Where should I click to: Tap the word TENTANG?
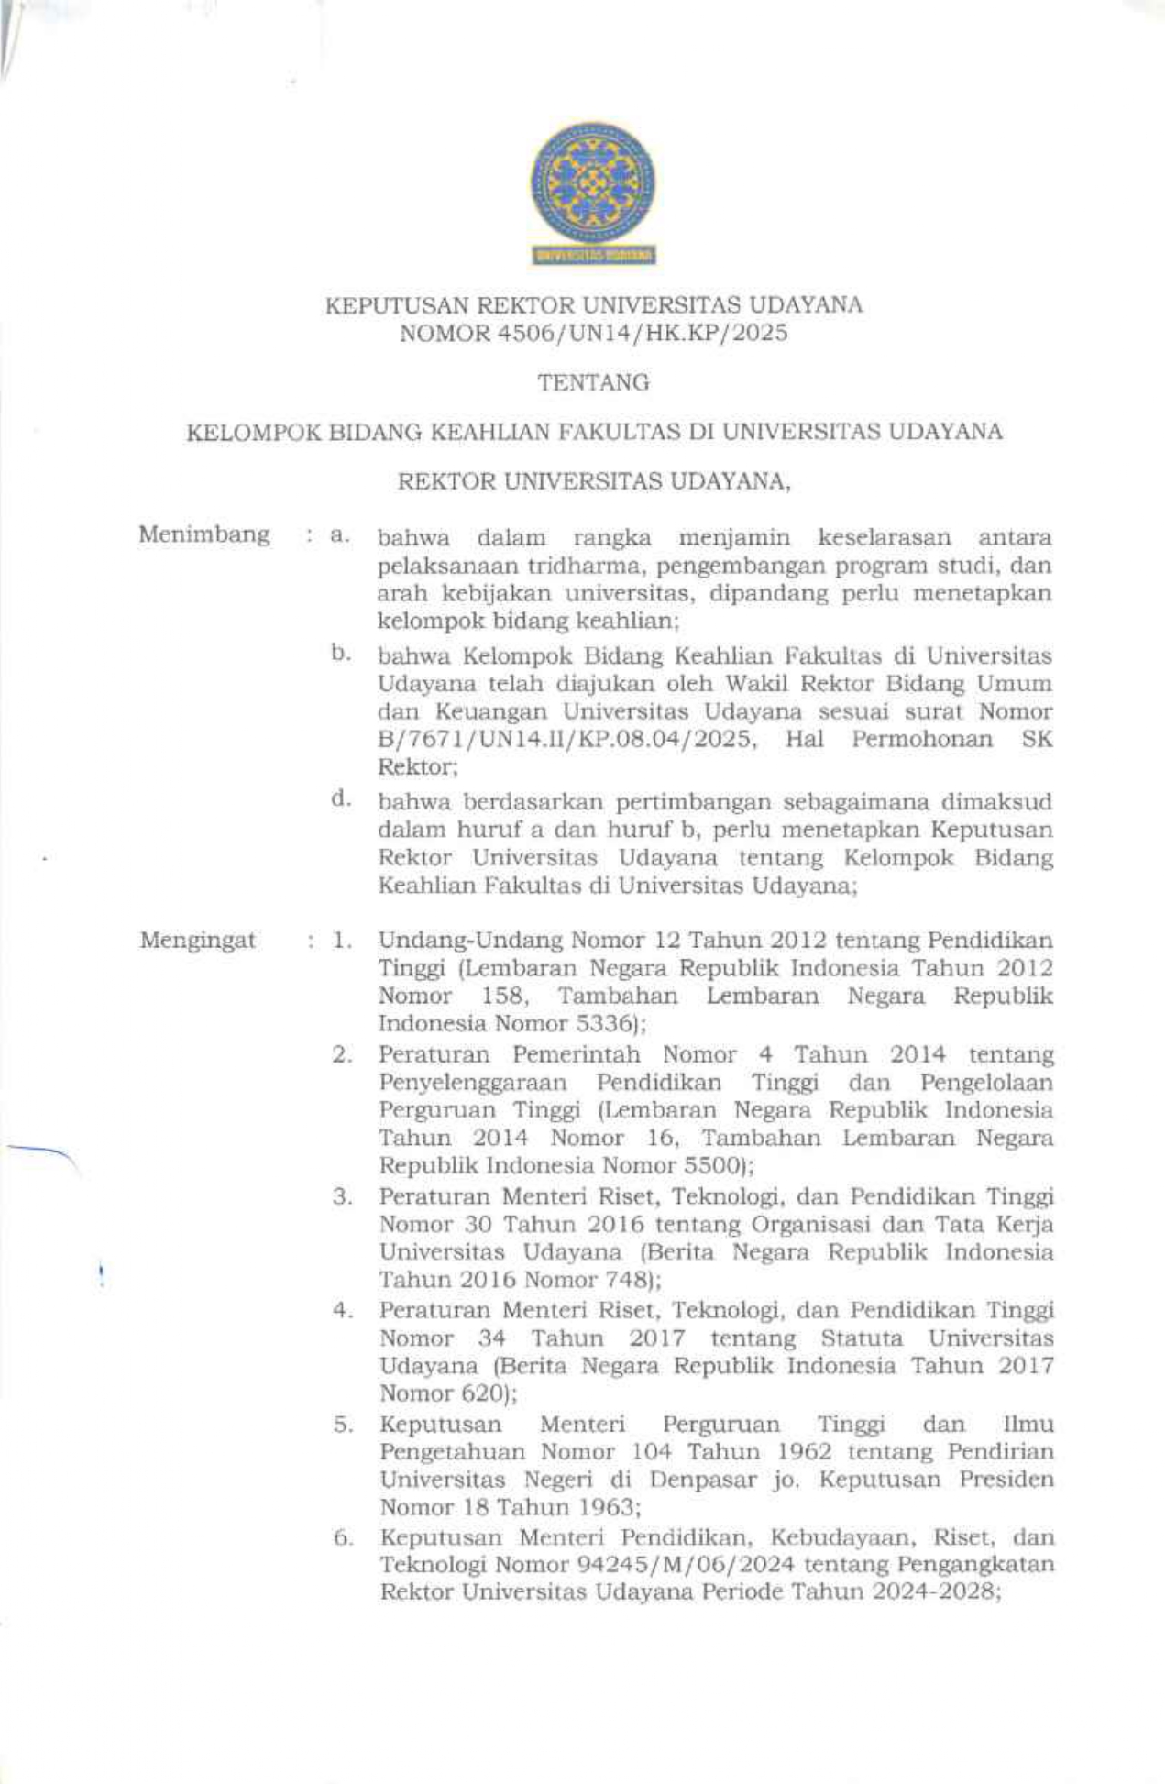click(x=593, y=383)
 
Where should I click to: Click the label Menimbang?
click(x=204, y=534)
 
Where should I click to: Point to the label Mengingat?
click(x=198, y=941)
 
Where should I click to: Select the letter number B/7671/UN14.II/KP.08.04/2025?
click(x=567, y=740)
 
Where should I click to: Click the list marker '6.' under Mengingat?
click(x=342, y=1537)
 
